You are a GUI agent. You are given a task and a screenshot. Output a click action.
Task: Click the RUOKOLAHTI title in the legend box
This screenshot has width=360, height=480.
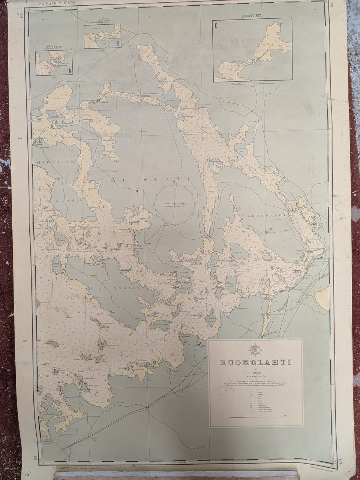[x=255, y=363]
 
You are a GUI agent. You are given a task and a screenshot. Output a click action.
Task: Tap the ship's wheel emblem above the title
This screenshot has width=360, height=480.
[x=255, y=349]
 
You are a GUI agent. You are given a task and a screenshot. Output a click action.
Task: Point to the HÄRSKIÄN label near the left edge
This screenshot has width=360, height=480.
[x=51, y=162]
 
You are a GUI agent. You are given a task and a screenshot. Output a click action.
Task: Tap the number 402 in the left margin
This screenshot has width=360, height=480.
[x=31, y=342]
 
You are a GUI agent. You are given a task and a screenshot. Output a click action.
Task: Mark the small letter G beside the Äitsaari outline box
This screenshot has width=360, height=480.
[x=80, y=85]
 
